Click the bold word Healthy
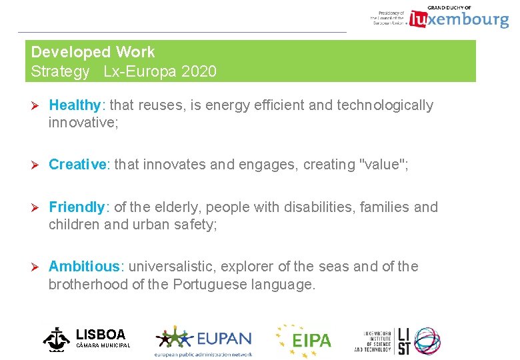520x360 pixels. [74, 105]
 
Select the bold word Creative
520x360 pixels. [77, 165]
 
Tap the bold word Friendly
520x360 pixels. [76, 207]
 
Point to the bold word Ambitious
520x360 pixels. [83, 267]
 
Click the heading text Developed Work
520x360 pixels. [93, 52]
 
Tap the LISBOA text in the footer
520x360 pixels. [101, 334]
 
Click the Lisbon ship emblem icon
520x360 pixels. [57, 339]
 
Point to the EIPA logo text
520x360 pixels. [311, 341]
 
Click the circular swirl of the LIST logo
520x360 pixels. [426, 340]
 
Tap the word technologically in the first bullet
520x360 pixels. [385, 105]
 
